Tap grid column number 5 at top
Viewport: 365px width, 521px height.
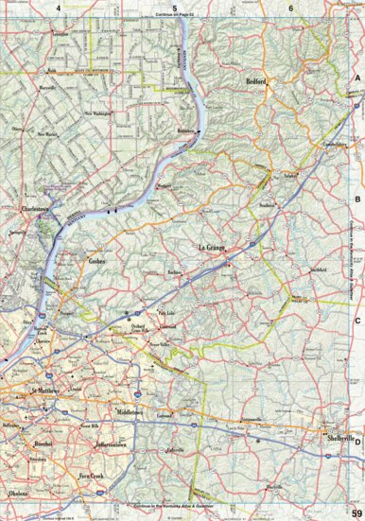(175, 8)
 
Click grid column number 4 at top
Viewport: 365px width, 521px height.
(59, 8)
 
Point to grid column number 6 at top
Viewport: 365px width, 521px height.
(291, 8)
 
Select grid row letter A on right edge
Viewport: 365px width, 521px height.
(357, 80)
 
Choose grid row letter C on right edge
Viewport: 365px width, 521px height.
(357, 320)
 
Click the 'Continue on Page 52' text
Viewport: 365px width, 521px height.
(175, 16)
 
